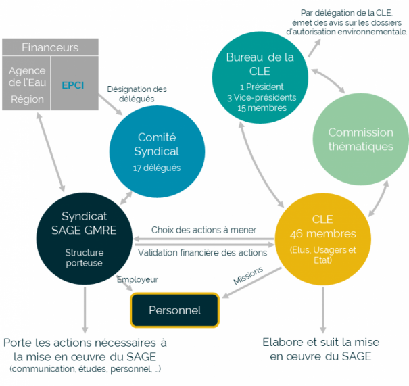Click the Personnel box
pos(175,310)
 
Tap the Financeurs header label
pos(50,48)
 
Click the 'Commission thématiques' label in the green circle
pos(360,139)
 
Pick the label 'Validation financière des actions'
pos(202,253)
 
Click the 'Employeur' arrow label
pos(137,279)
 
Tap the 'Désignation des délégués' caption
pos(137,94)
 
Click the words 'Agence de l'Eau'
pos(27,77)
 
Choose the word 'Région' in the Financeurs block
pos(27,99)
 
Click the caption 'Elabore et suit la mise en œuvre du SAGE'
pos(317,349)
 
